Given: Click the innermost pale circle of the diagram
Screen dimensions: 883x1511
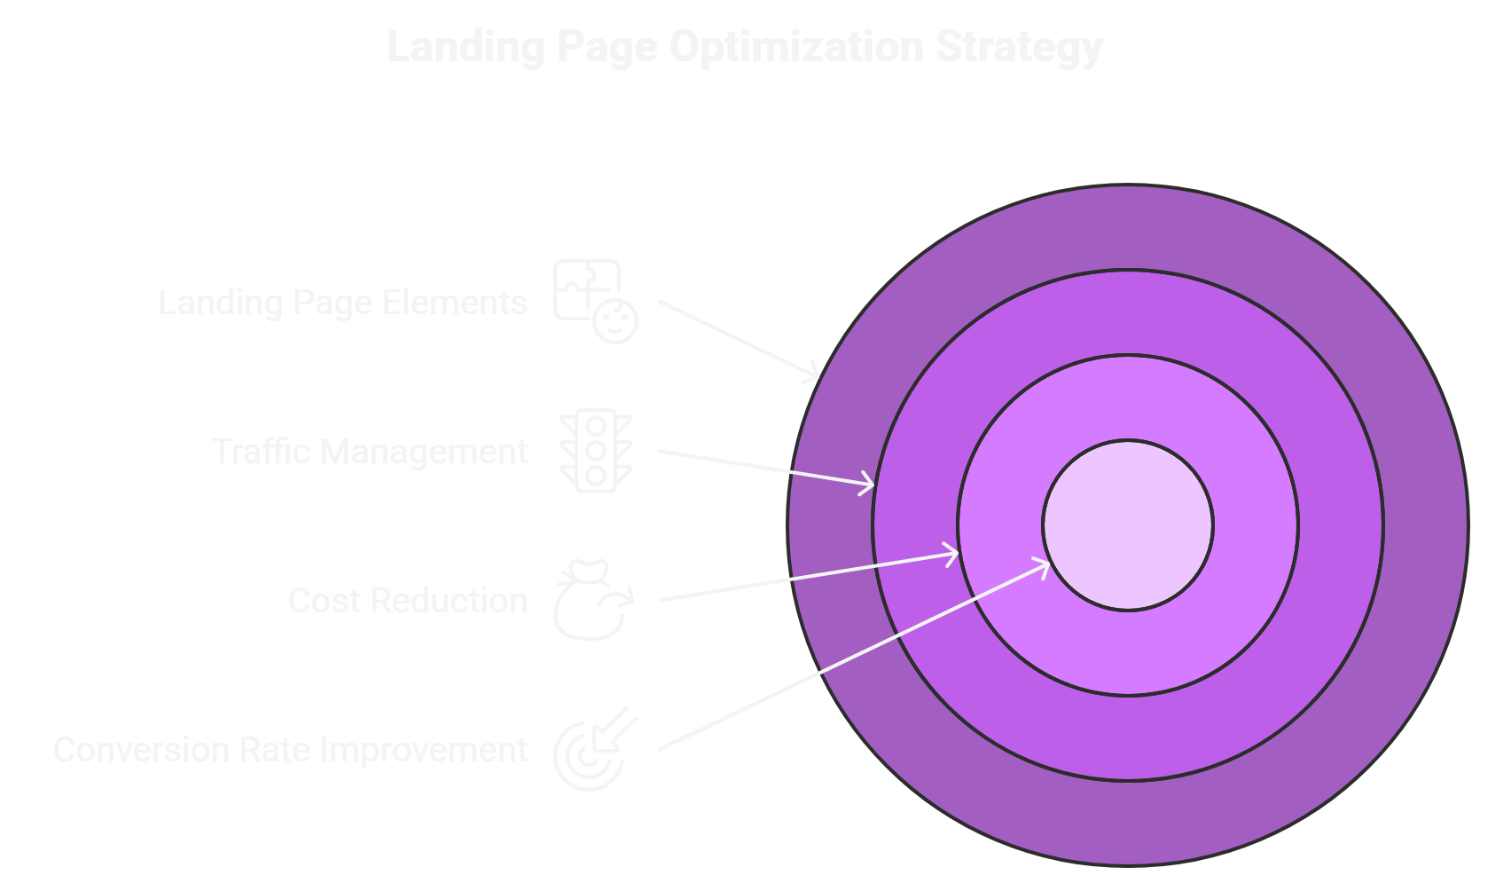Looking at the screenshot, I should point(1128,525).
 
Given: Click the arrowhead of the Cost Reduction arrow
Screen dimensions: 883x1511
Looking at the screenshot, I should point(953,555).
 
